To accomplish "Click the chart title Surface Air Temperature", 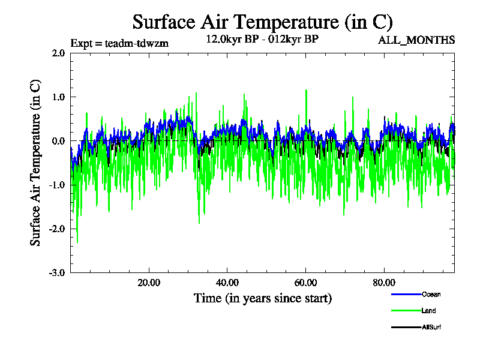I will [262, 22].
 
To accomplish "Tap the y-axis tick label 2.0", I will [58, 53].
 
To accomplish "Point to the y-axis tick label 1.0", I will [58, 97].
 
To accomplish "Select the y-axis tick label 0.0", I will [58, 141].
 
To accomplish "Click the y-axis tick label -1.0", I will [57, 185].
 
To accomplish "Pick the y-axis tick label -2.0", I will [57, 229].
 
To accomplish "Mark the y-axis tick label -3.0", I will [57, 272].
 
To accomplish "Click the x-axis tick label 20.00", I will [149, 283].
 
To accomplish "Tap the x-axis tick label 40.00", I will [227, 283].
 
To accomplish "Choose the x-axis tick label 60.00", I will [306, 283].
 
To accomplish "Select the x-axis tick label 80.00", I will [385, 283].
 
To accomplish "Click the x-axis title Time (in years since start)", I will [263, 298].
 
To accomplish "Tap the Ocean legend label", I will [431, 295].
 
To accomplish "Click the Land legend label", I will [428, 311].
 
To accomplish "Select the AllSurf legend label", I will [431, 327].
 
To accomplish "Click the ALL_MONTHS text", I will [416, 40].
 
